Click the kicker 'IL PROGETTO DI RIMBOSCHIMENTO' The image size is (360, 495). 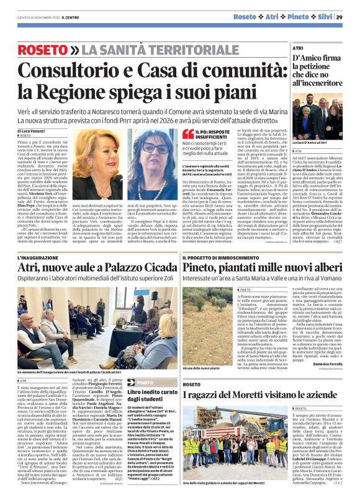click(214, 257)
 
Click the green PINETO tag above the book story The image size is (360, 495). click(143, 383)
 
